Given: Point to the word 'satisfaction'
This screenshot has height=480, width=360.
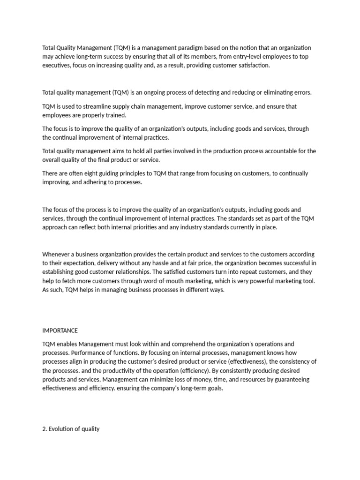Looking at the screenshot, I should click(254, 66).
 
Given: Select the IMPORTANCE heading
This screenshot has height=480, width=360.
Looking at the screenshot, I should click(60, 330).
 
